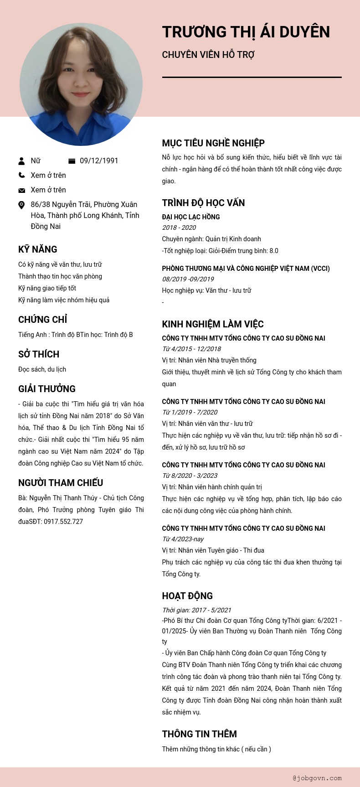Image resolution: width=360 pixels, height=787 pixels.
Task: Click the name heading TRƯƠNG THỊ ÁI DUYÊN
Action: (246, 32)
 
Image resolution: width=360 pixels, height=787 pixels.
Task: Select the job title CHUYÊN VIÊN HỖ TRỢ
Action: (208, 55)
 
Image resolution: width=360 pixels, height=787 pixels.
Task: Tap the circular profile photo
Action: (81, 85)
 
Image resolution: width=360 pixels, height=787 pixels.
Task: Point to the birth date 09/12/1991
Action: (99, 161)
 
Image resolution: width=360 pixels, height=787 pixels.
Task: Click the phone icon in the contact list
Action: (21, 175)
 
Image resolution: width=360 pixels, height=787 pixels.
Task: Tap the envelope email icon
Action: (21, 190)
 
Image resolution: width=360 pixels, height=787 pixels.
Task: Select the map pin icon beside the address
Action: (21, 205)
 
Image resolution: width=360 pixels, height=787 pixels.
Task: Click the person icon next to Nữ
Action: (21, 161)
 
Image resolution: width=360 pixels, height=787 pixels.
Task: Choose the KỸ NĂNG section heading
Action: (38, 249)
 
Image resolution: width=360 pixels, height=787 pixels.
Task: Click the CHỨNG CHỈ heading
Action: (43, 320)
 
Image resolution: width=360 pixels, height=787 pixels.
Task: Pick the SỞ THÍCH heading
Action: (39, 354)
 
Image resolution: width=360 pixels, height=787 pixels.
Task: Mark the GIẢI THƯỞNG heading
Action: (47, 389)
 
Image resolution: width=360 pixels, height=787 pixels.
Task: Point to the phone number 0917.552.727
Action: (63, 522)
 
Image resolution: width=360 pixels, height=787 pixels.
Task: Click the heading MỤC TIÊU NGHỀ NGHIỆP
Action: (213, 143)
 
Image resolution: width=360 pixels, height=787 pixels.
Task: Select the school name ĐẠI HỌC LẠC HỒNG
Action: (191, 217)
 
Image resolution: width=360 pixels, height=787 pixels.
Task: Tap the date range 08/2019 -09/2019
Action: (188, 279)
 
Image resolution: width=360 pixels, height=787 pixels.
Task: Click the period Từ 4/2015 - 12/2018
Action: (191, 349)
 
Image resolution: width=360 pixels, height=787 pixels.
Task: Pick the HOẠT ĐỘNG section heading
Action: (187, 596)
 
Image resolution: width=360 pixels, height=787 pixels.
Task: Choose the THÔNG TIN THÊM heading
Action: (199, 734)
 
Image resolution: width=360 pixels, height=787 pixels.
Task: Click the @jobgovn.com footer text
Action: (317, 778)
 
